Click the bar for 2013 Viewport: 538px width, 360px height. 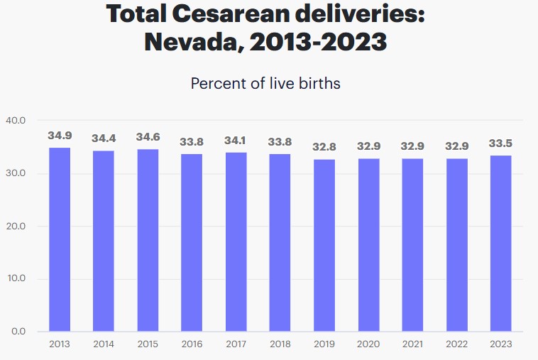pos(59,239)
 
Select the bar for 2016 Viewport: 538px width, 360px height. pos(192,242)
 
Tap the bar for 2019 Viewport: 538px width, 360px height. pos(324,245)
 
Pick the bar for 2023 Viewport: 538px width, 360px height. pos(500,243)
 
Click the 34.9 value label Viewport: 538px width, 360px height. pos(59,135)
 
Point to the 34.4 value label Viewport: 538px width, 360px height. pos(104,138)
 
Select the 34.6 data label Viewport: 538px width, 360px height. pos(148,136)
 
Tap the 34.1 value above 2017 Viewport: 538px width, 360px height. pos(236,140)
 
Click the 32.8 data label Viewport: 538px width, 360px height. pos(324,147)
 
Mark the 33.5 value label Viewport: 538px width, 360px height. pos(500,143)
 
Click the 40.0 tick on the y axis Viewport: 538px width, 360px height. pos(16,120)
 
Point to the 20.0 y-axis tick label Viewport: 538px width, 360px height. pos(16,226)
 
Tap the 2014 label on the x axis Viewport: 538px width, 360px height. pos(104,344)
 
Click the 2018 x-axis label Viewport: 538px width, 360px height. pos(280,344)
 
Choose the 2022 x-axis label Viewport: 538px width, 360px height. pos(456,344)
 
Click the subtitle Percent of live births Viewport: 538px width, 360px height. pos(265,83)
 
